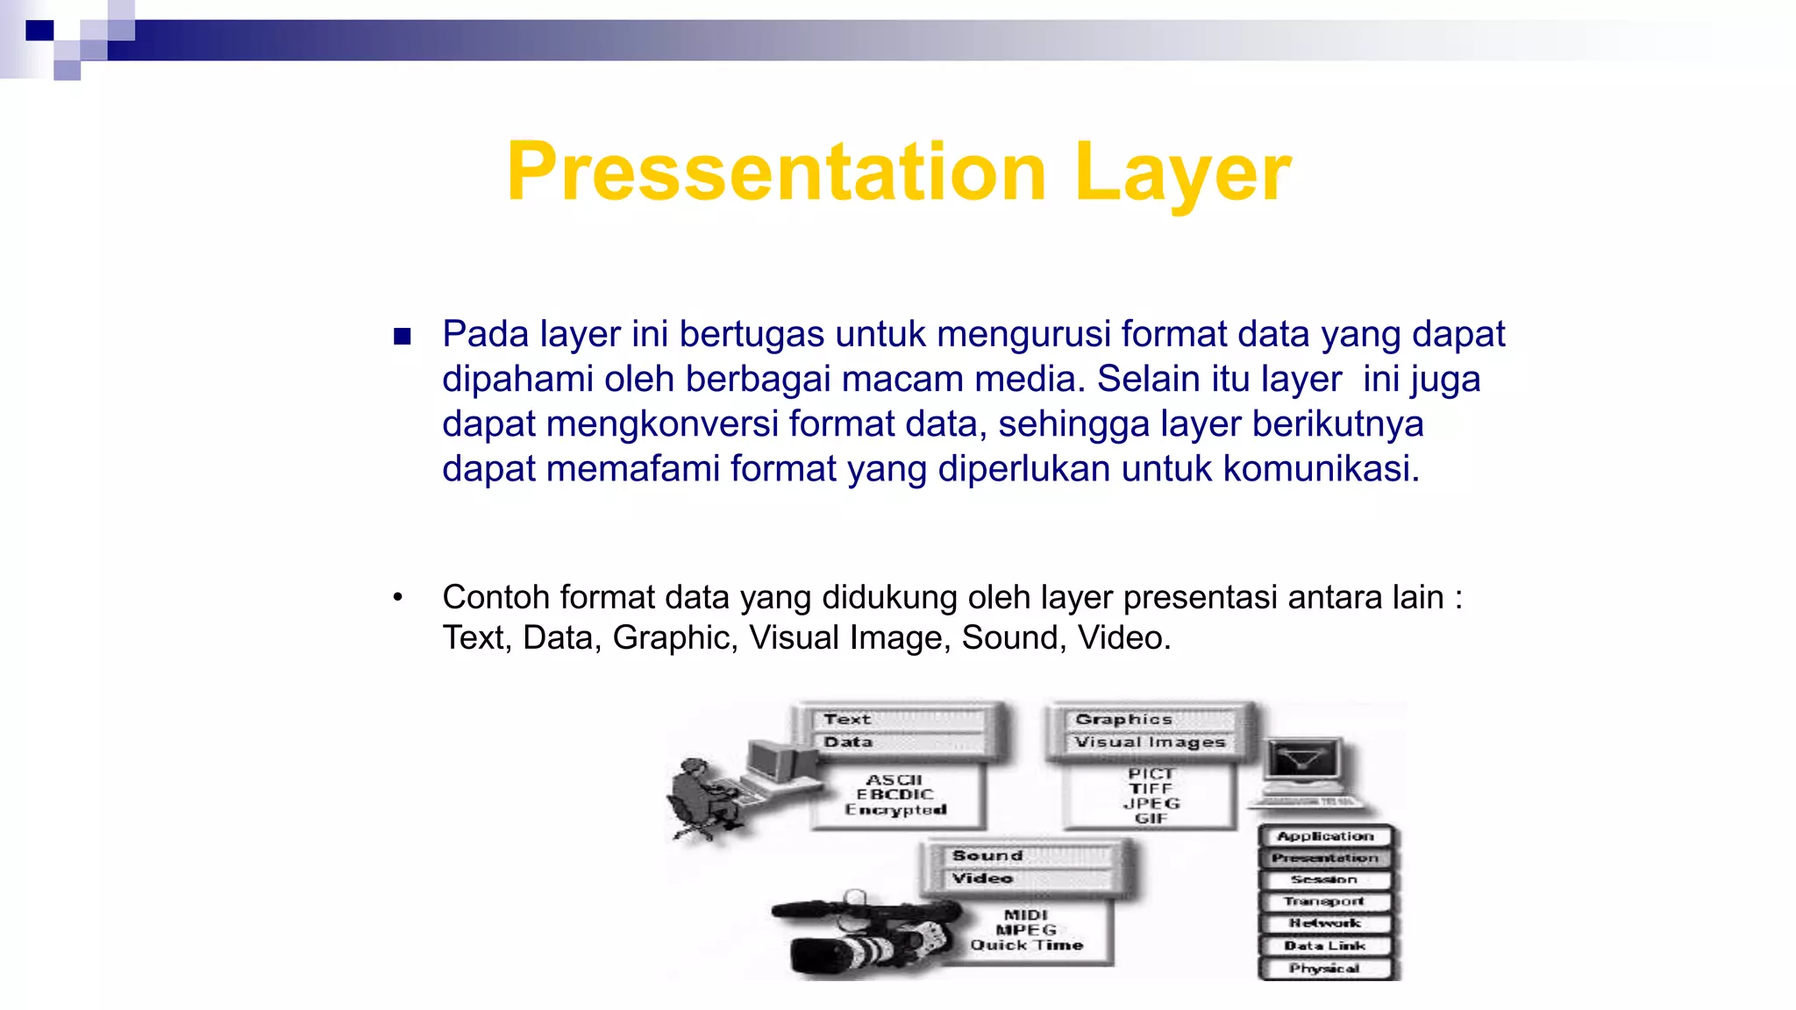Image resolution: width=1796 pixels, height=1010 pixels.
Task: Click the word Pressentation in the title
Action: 776,172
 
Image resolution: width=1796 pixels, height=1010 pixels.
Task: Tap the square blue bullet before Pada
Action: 403,337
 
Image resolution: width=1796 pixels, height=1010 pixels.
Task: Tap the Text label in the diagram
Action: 847,719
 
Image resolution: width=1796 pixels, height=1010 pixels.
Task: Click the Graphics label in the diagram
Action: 1123,719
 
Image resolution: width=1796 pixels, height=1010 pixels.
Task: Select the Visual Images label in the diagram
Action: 1150,742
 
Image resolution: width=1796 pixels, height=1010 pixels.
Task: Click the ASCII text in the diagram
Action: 894,779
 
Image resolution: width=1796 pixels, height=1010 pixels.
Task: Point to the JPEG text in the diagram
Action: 1151,803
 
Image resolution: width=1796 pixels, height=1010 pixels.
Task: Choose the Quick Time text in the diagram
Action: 1026,945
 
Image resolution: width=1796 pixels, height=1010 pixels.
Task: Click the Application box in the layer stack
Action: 1325,836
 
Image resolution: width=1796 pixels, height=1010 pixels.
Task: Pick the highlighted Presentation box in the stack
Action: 1325,858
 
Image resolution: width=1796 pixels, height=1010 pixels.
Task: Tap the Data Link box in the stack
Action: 1325,946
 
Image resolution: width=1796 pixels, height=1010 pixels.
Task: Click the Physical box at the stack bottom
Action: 1325,968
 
